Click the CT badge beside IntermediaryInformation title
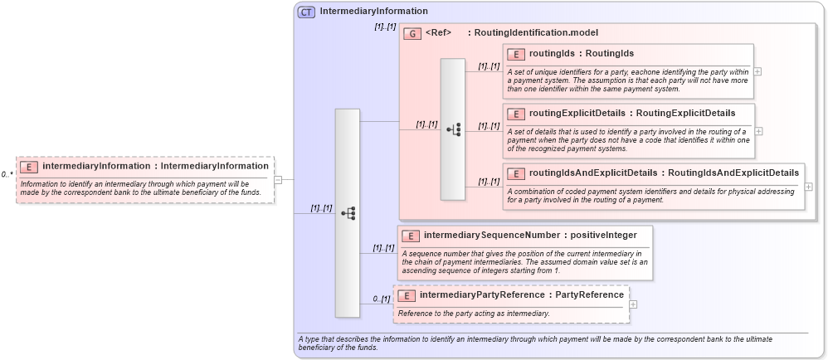(307, 12)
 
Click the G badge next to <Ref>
(412, 33)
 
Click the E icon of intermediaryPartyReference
(407, 295)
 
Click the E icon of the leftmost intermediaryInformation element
(29, 167)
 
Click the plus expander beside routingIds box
(757, 71)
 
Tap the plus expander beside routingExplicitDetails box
(757, 131)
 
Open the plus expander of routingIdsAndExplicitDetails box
(809, 187)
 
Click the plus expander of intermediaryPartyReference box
(634, 304)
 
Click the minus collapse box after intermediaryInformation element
(279, 179)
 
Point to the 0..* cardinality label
(7, 175)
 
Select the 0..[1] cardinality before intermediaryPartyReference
(381, 299)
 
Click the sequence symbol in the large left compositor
(348, 213)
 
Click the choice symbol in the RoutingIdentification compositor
(453, 129)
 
